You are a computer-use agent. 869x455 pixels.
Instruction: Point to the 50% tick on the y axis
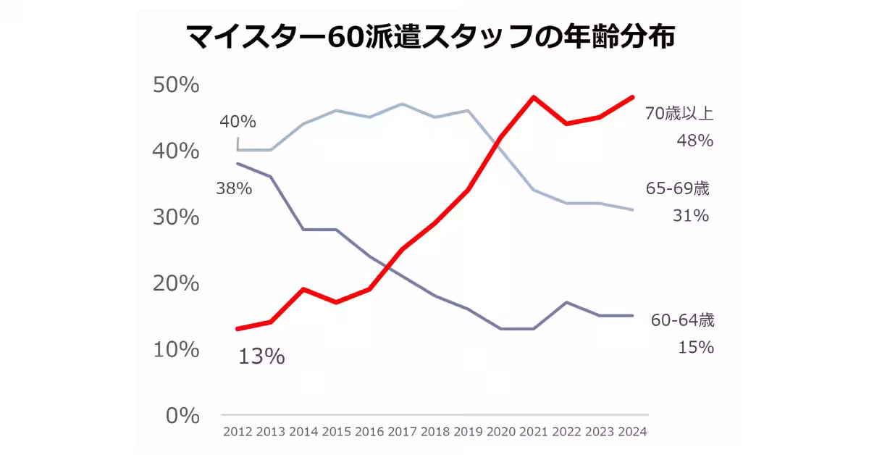(x=176, y=85)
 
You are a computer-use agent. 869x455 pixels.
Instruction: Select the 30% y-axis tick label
(x=176, y=217)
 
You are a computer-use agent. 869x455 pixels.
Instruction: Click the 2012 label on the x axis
(x=238, y=432)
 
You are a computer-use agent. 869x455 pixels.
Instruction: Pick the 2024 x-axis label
(x=633, y=432)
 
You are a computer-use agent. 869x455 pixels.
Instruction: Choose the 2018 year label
(x=436, y=432)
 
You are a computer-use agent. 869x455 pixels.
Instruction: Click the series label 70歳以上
(x=679, y=113)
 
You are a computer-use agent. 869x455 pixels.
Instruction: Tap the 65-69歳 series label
(x=677, y=188)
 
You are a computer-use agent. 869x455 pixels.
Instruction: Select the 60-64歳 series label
(x=682, y=320)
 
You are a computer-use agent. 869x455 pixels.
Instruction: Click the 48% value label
(x=695, y=140)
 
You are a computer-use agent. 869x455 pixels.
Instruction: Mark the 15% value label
(x=696, y=348)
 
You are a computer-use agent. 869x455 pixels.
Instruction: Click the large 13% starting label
(x=261, y=356)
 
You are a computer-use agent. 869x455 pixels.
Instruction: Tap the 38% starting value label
(x=234, y=189)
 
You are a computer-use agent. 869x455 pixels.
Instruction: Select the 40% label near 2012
(x=238, y=121)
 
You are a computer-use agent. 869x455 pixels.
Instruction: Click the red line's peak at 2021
(x=534, y=97)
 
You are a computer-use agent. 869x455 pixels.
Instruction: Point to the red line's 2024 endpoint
(x=633, y=97)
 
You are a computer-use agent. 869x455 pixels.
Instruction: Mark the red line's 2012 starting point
(x=238, y=329)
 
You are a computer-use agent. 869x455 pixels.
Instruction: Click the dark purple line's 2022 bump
(x=567, y=302)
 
